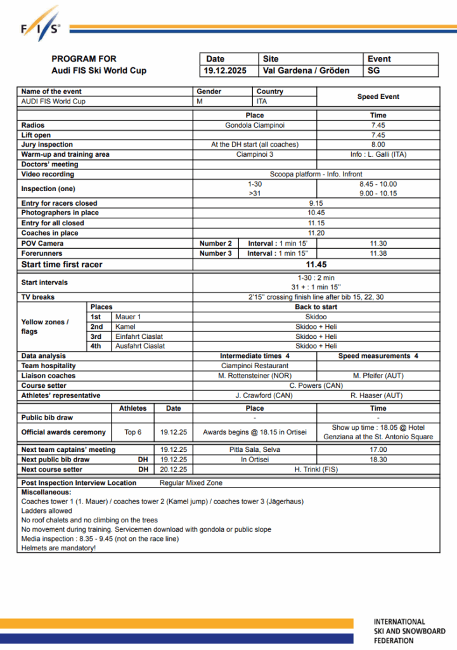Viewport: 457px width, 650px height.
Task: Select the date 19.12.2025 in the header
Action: (x=226, y=70)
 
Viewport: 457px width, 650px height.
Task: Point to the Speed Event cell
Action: (x=378, y=96)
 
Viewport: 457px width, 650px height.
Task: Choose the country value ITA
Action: (x=262, y=101)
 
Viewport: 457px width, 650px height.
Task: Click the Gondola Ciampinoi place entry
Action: (x=254, y=125)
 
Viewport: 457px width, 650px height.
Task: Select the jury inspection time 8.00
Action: (x=378, y=145)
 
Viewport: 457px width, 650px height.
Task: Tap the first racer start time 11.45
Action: (x=316, y=265)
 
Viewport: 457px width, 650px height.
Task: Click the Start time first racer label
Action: (x=61, y=265)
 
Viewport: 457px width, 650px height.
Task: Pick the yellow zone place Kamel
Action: (x=126, y=326)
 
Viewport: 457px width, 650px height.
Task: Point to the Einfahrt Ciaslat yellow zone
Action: (x=139, y=336)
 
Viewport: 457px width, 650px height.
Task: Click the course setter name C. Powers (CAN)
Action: (x=316, y=385)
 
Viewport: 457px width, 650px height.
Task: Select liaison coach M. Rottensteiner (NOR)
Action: (x=254, y=376)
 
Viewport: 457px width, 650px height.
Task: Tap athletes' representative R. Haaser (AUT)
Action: (x=378, y=395)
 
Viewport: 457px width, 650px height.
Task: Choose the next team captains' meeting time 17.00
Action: (x=378, y=449)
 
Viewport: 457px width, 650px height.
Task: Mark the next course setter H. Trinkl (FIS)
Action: (x=316, y=469)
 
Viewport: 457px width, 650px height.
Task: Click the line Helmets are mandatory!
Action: (x=58, y=548)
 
